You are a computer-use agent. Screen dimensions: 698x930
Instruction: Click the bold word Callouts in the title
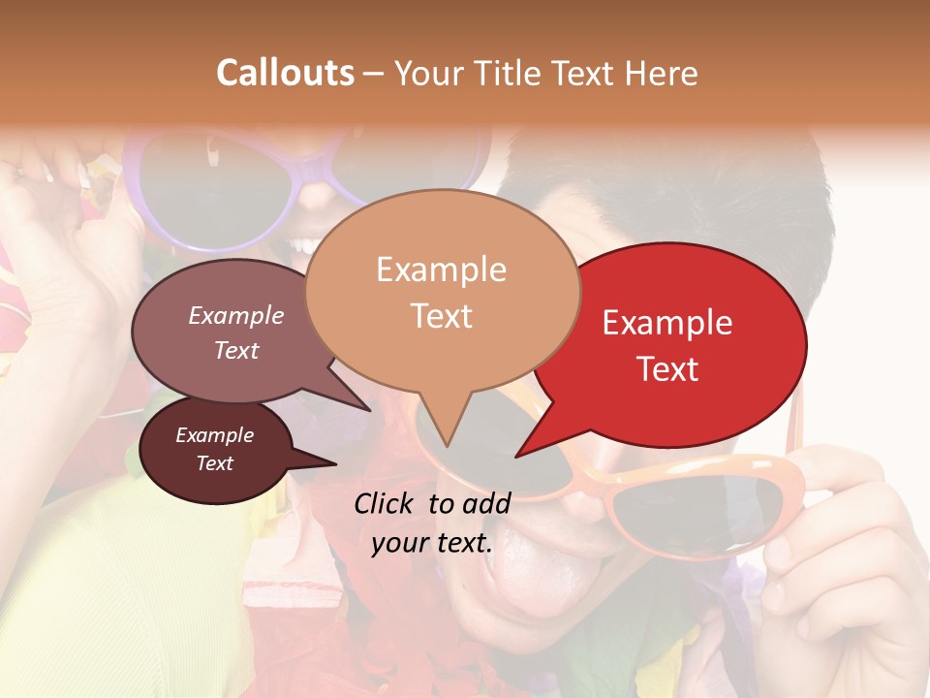[x=285, y=73]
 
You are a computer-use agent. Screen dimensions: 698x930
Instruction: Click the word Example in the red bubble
[x=667, y=323]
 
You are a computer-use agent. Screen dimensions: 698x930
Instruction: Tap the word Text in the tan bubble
[x=441, y=316]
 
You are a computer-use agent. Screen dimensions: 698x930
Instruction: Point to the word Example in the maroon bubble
[x=215, y=435]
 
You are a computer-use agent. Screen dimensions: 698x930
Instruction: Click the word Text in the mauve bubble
[x=236, y=350]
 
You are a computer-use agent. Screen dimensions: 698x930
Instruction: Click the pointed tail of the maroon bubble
[x=329, y=463]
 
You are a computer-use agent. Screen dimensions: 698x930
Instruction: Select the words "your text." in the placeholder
[x=432, y=543]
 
